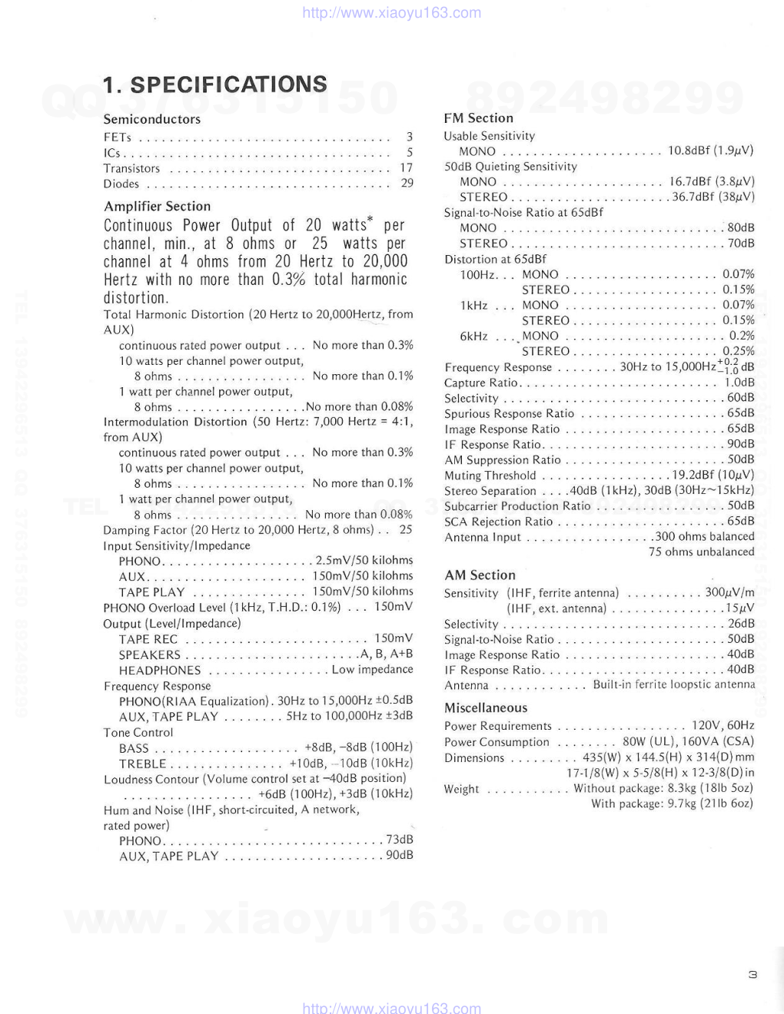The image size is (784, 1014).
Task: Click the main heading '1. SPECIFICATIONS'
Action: point(215,84)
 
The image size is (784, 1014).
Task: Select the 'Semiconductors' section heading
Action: point(152,119)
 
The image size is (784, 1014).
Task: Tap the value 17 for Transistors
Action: point(406,168)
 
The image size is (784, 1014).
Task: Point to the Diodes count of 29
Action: point(407,184)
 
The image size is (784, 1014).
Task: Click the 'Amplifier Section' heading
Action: point(157,206)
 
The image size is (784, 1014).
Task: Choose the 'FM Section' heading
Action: point(478,118)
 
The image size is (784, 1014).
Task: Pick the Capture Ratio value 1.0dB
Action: point(739,383)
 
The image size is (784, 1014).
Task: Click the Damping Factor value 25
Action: point(406,530)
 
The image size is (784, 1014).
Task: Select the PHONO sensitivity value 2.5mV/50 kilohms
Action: point(364,561)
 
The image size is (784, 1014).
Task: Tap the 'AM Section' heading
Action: point(480,575)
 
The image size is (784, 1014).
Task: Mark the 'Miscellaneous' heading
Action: point(486,707)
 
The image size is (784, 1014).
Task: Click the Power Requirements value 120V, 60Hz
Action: point(723,725)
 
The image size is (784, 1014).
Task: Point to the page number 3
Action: point(752,975)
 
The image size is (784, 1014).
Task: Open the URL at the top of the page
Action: point(392,13)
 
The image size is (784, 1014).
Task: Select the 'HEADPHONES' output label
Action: point(160,670)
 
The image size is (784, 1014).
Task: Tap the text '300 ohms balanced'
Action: point(704,537)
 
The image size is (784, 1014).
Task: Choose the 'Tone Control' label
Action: point(138,732)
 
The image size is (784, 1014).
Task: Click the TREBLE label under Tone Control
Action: point(142,764)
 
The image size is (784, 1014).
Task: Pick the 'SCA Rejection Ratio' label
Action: point(498,522)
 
